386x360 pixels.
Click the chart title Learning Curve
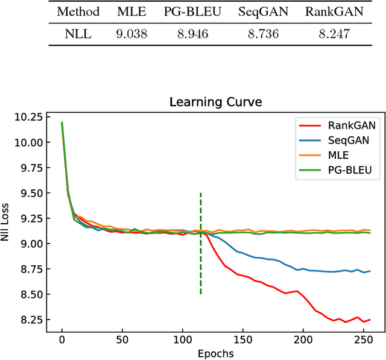[216, 102]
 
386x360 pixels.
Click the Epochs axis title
[216, 353]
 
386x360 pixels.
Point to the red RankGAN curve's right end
[370, 320]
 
